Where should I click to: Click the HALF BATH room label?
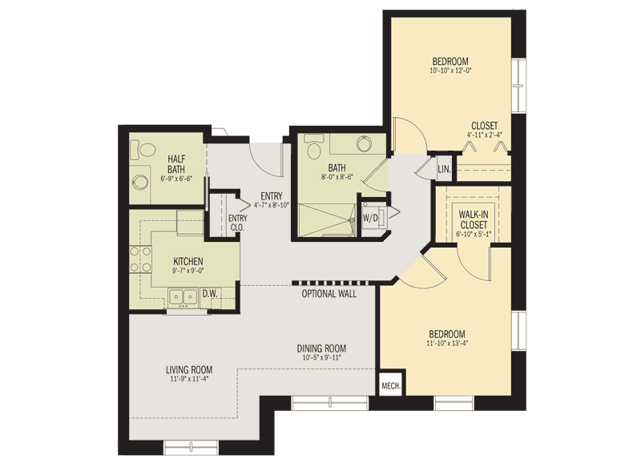click(x=176, y=163)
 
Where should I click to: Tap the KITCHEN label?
click(x=188, y=262)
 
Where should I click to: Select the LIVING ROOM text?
click(x=189, y=369)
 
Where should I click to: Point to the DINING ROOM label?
click(x=321, y=348)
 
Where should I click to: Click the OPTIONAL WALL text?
click(x=329, y=294)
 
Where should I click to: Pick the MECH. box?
click(x=390, y=384)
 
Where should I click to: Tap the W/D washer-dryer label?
click(x=370, y=217)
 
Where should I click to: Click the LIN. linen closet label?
click(x=444, y=169)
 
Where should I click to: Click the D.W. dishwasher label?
click(x=211, y=293)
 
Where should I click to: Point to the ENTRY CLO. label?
click(x=237, y=223)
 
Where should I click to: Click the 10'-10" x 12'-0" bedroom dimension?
click(x=450, y=70)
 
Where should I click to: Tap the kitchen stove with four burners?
click(x=140, y=260)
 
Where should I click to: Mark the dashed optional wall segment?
click(x=329, y=282)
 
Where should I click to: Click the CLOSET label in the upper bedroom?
click(x=484, y=126)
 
